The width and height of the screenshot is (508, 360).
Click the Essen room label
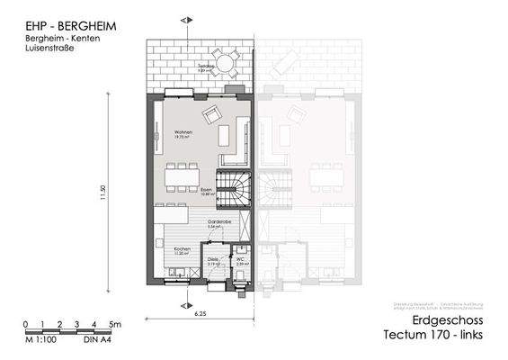(x=207, y=190)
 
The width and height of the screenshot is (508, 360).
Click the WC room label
(x=241, y=260)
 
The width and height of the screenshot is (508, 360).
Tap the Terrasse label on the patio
(x=205, y=67)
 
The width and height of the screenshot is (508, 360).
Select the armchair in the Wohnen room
(x=213, y=114)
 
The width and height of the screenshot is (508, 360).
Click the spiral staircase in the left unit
(x=236, y=190)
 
